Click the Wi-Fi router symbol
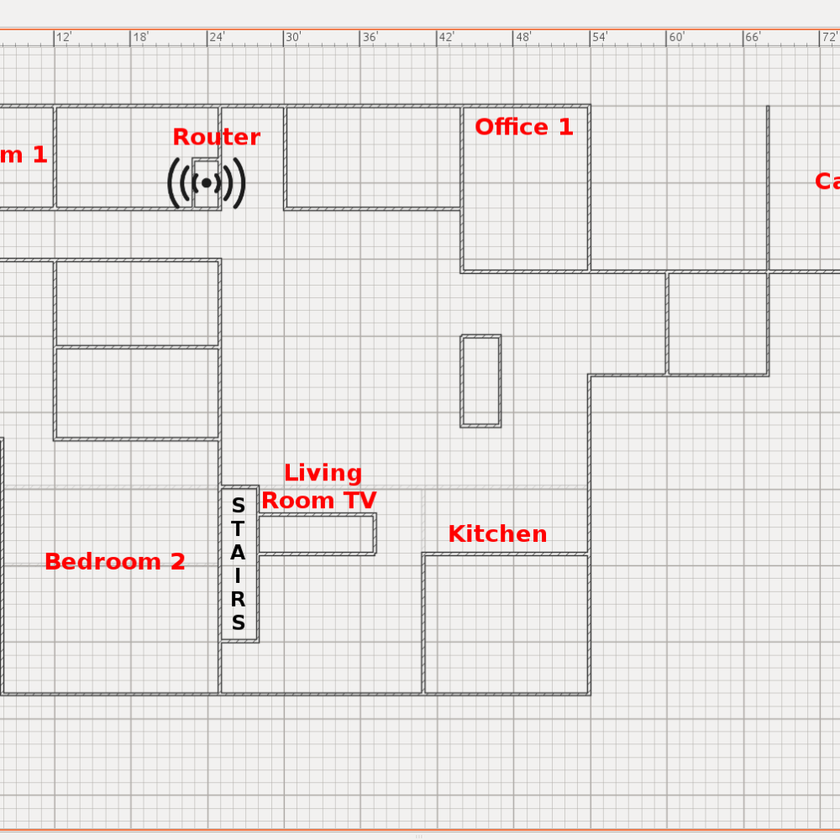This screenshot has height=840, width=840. click(x=207, y=182)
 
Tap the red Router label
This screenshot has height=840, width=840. click(x=216, y=137)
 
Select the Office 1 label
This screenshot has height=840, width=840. click(x=523, y=127)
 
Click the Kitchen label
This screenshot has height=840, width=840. click(x=497, y=534)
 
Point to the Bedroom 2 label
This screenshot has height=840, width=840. click(x=115, y=562)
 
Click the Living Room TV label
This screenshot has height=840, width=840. click(x=320, y=486)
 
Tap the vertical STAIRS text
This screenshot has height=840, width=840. click(x=239, y=564)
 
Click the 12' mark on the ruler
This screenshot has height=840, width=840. click(x=64, y=37)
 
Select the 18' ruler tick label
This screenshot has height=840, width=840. click(x=140, y=37)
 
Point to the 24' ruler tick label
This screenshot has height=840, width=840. click(x=217, y=37)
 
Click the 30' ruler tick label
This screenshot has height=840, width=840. click(x=293, y=37)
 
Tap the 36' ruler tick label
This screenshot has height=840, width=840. click(x=370, y=37)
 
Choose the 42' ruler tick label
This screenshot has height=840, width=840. click(x=446, y=37)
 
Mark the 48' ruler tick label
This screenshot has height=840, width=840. click(x=523, y=37)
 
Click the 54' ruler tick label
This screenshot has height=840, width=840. click(x=600, y=37)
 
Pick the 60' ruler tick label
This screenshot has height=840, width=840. click(x=676, y=37)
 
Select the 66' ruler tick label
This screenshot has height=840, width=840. click(x=753, y=37)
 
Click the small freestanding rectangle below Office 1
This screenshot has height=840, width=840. click(x=480, y=381)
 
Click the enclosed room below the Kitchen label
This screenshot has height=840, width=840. click(x=506, y=624)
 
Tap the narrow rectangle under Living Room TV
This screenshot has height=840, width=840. click(x=316, y=534)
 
